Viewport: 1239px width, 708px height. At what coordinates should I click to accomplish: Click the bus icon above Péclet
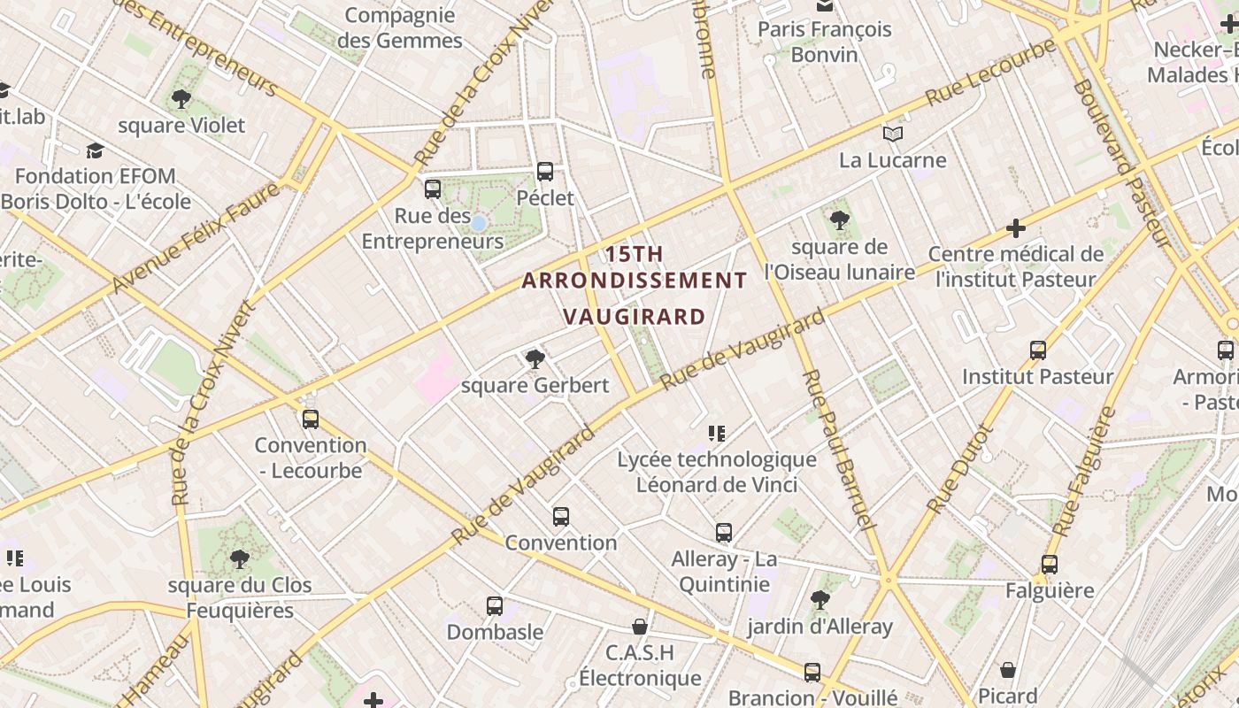545,172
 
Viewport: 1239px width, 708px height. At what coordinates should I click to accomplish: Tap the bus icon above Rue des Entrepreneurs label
433,189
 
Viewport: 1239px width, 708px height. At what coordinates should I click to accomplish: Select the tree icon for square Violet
181,99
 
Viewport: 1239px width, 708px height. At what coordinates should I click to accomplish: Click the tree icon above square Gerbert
535,358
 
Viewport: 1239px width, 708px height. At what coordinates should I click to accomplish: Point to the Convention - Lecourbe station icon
310,419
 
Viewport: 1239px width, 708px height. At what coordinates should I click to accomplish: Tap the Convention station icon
560,517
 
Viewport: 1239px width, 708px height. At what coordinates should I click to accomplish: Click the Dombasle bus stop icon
495,606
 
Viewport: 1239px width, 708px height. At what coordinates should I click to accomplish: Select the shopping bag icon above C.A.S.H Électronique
640,627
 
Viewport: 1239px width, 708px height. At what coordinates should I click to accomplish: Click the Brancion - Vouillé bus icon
812,673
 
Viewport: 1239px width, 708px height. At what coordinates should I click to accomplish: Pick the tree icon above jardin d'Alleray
820,600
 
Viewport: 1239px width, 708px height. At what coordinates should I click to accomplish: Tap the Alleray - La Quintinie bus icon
724,533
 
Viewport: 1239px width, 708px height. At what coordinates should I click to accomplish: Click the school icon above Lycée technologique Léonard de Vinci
717,434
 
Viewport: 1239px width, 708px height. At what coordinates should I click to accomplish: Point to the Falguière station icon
1049,565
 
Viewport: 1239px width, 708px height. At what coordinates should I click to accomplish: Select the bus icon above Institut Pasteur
1038,350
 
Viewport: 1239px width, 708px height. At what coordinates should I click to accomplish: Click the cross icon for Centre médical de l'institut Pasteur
1016,228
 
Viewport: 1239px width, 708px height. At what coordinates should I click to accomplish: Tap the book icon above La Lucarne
893,135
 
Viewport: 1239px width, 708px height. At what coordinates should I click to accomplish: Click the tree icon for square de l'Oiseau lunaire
839,220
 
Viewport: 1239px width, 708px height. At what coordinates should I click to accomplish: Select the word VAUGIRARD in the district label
635,317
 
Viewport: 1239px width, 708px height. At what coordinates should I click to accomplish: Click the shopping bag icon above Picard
1008,670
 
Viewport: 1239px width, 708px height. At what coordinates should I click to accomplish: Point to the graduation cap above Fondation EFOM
95,150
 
